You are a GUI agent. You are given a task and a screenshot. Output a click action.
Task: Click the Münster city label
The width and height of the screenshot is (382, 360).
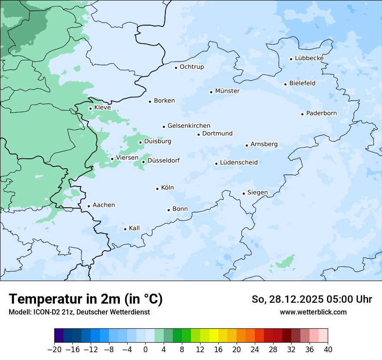[x=227, y=91]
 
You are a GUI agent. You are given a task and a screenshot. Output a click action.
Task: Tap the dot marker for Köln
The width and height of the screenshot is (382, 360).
[x=158, y=189]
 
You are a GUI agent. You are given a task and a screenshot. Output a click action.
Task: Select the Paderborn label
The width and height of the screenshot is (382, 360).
[x=321, y=113]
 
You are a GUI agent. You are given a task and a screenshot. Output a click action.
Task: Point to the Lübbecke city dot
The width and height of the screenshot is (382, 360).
[x=291, y=59]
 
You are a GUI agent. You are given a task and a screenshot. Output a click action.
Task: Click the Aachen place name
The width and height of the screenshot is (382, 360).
[x=104, y=205]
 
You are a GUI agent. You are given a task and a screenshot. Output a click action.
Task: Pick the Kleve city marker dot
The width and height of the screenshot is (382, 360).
[x=90, y=108]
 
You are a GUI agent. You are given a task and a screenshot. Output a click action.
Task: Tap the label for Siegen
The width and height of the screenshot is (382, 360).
[x=257, y=193]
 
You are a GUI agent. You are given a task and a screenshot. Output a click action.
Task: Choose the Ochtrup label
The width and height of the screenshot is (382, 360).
[x=191, y=67]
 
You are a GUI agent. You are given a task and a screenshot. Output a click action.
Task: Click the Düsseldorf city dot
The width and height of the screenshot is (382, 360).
[x=144, y=162]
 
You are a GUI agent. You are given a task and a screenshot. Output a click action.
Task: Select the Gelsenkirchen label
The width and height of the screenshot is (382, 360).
[x=189, y=126]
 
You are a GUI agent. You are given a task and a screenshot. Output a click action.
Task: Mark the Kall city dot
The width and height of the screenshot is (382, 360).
[x=125, y=229]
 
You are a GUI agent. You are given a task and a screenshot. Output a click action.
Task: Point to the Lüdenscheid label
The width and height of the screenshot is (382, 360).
[x=239, y=163]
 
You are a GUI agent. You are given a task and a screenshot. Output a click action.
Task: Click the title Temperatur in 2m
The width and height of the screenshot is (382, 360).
[x=86, y=299]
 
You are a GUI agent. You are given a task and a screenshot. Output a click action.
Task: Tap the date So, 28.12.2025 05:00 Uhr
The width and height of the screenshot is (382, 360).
[x=312, y=299]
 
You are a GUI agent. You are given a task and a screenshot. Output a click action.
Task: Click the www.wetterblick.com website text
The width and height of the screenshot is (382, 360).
[x=313, y=312]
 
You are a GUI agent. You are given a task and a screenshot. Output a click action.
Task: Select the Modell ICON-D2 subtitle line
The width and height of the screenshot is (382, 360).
[x=79, y=312]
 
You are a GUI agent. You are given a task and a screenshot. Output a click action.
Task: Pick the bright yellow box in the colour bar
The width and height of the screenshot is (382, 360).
[x=214, y=336]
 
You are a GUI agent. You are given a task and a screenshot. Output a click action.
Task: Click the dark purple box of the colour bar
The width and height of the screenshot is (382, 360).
[x=59, y=336]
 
